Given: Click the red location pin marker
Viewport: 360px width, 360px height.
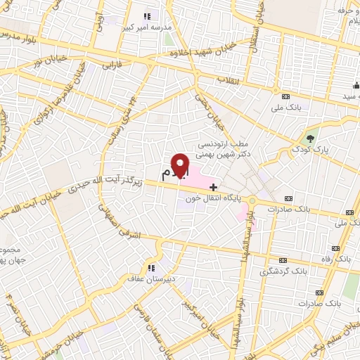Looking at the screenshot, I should [181, 165].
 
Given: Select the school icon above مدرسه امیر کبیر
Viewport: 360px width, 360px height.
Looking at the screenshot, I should [147, 15].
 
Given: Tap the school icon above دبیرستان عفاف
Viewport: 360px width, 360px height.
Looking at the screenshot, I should [150, 267].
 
